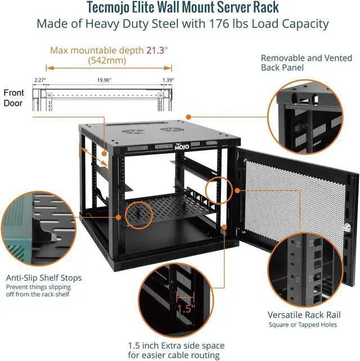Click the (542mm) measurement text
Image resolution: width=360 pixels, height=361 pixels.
(x=107, y=60)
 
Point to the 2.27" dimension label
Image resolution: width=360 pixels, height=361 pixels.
(x=39, y=80)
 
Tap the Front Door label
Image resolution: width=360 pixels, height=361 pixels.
(x=13, y=98)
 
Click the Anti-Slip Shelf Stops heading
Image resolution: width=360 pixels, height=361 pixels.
(x=44, y=277)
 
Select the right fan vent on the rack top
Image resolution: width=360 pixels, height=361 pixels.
(x=169, y=129)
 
